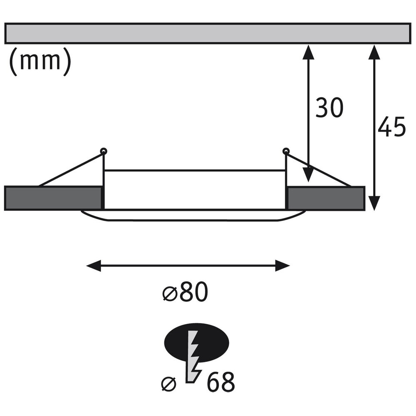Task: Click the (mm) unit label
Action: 40,62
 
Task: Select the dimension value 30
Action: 329,107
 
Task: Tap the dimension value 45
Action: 391,126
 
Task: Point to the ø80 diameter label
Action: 185,292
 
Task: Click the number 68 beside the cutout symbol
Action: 221,382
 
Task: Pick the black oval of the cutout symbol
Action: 197,343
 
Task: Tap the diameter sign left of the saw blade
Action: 169,384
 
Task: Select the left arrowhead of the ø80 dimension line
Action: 94,265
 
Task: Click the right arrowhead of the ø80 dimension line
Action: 282,265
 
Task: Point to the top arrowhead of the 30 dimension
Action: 308,52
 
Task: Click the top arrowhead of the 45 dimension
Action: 374,52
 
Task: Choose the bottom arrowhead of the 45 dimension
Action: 374,203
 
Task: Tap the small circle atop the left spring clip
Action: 104,151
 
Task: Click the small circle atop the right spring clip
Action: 286,151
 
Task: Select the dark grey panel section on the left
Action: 53,198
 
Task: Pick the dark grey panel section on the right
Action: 326,198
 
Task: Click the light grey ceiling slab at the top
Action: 208,33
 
